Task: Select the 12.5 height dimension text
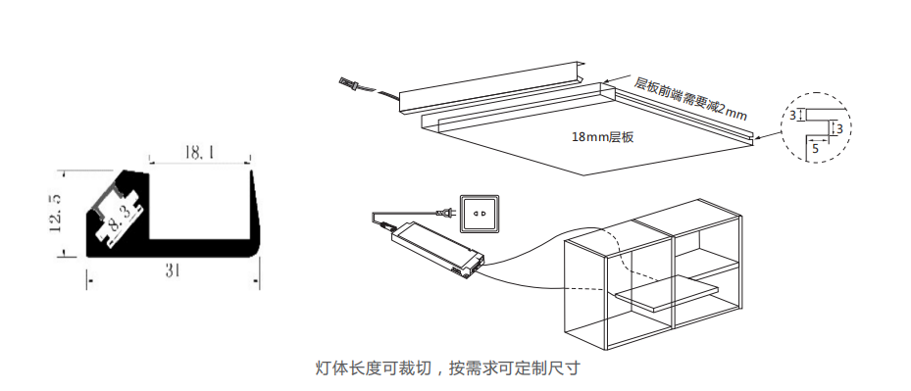pyautogui.click(x=56, y=213)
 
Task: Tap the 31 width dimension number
pyautogui.click(x=172, y=270)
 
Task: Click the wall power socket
pyautogui.click(x=480, y=214)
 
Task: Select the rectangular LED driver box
pyautogui.click(x=437, y=248)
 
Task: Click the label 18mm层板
pyautogui.click(x=602, y=138)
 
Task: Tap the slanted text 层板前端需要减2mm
pyautogui.click(x=689, y=98)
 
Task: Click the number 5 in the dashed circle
pyautogui.click(x=815, y=149)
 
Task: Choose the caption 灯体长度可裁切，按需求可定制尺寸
pyautogui.click(x=447, y=367)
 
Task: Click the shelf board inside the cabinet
pyautogui.click(x=667, y=293)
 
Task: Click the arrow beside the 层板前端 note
pyautogui.click(x=618, y=78)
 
